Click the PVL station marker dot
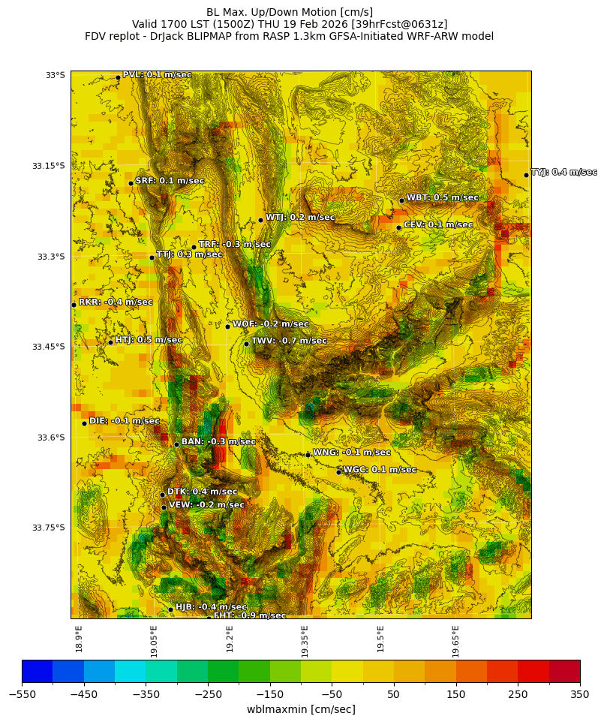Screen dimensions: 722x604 (118, 77)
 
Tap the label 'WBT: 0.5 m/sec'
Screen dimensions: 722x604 (442, 197)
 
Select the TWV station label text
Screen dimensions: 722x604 (289, 341)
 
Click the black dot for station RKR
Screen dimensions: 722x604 (74, 305)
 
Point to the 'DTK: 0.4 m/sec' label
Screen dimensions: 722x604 (202, 492)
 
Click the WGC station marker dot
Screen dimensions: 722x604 (338, 472)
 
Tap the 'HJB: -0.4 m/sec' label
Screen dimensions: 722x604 (211, 607)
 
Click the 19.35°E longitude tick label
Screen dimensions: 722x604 (305, 641)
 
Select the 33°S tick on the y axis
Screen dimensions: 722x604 (55, 75)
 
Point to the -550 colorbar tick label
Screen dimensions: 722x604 (22, 694)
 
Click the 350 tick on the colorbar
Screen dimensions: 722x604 (579, 694)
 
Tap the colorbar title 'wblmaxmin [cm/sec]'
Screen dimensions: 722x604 (301, 709)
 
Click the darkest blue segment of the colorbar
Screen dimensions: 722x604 (37, 670)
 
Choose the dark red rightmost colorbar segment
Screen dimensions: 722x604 (564, 670)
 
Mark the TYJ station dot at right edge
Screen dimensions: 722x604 (526, 175)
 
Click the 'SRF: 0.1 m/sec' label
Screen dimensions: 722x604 (170, 181)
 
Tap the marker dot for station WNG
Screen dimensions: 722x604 (308, 455)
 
